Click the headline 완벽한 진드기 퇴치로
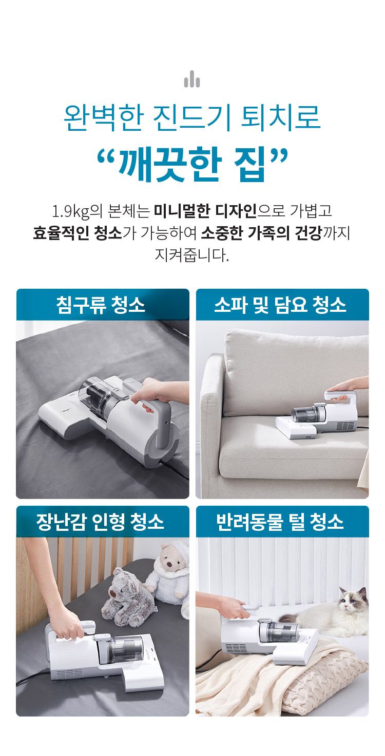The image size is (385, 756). (192, 118)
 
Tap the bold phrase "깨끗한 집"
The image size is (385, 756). (192, 165)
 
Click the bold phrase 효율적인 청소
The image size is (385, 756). (77, 233)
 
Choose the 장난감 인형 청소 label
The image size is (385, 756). (101, 522)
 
